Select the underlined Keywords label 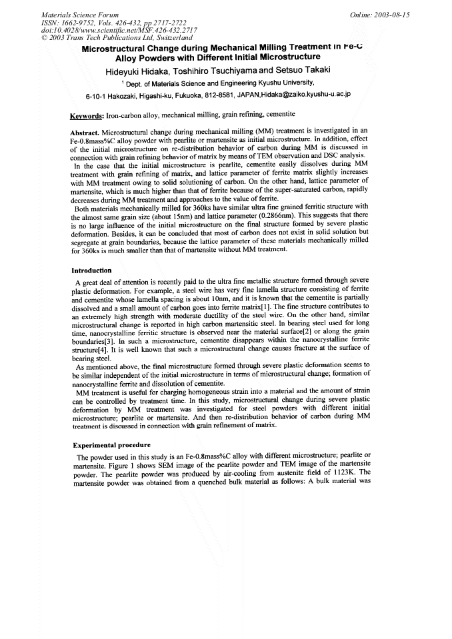(87, 115)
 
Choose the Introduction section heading (91, 271)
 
